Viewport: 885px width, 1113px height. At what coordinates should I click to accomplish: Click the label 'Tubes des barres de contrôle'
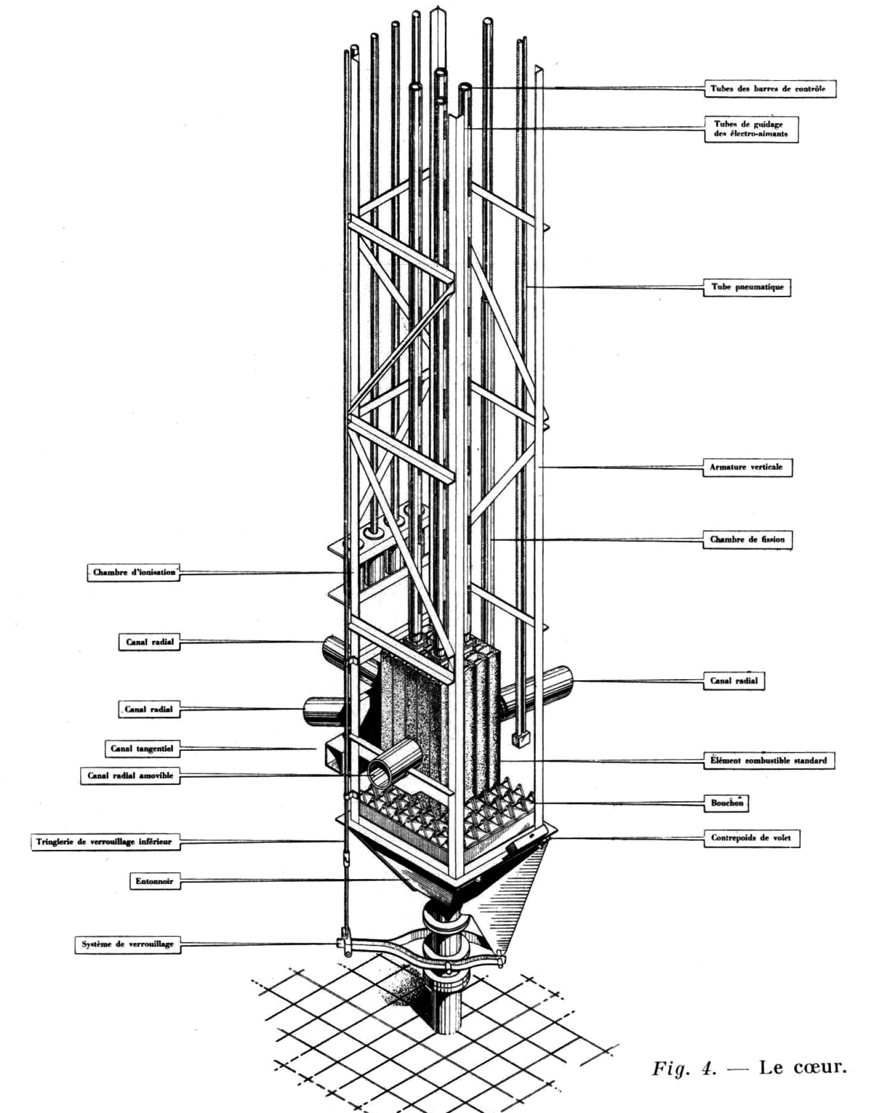[x=769, y=88]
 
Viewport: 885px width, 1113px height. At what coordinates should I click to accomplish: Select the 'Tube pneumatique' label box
[x=746, y=287]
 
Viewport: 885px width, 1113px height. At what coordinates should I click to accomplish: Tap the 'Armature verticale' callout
[x=746, y=467]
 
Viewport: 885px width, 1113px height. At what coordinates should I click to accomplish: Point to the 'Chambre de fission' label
[x=746, y=540]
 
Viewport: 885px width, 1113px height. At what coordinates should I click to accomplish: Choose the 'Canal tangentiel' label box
[x=142, y=748]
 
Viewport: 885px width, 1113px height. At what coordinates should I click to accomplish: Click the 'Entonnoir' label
[x=154, y=881]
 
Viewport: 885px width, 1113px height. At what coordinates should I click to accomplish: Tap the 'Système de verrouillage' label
[x=128, y=944]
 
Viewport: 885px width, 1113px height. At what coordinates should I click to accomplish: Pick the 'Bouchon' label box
[x=727, y=803]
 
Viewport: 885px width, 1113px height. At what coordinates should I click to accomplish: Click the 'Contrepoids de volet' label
[x=751, y=838]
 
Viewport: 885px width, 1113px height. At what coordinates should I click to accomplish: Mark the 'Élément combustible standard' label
[x=768, y=760]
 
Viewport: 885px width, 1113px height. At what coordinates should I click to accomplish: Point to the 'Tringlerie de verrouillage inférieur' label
[x=104, y=841]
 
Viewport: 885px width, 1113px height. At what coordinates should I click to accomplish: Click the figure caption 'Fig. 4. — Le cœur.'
[x=749, y=1067]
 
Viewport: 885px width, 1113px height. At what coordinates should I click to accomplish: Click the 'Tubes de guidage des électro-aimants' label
[x=751, y=129]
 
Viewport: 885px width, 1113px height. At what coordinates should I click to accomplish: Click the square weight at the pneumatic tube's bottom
[x=521, y=739]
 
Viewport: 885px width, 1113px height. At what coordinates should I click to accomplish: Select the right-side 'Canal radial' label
[x=734, y=681]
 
